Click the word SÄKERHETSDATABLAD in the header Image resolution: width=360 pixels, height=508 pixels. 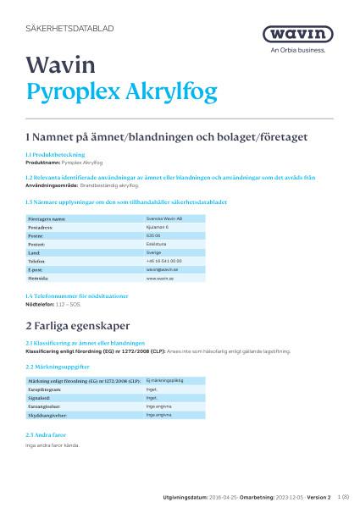[x=70, y=28]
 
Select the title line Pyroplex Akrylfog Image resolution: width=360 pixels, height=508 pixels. [x=122, y=91]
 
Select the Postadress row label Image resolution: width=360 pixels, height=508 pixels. [x=45, y=227]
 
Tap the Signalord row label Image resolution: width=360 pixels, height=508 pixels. [x=41, y=397]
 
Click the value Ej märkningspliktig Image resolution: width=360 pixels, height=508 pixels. [x=165, y=381]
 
